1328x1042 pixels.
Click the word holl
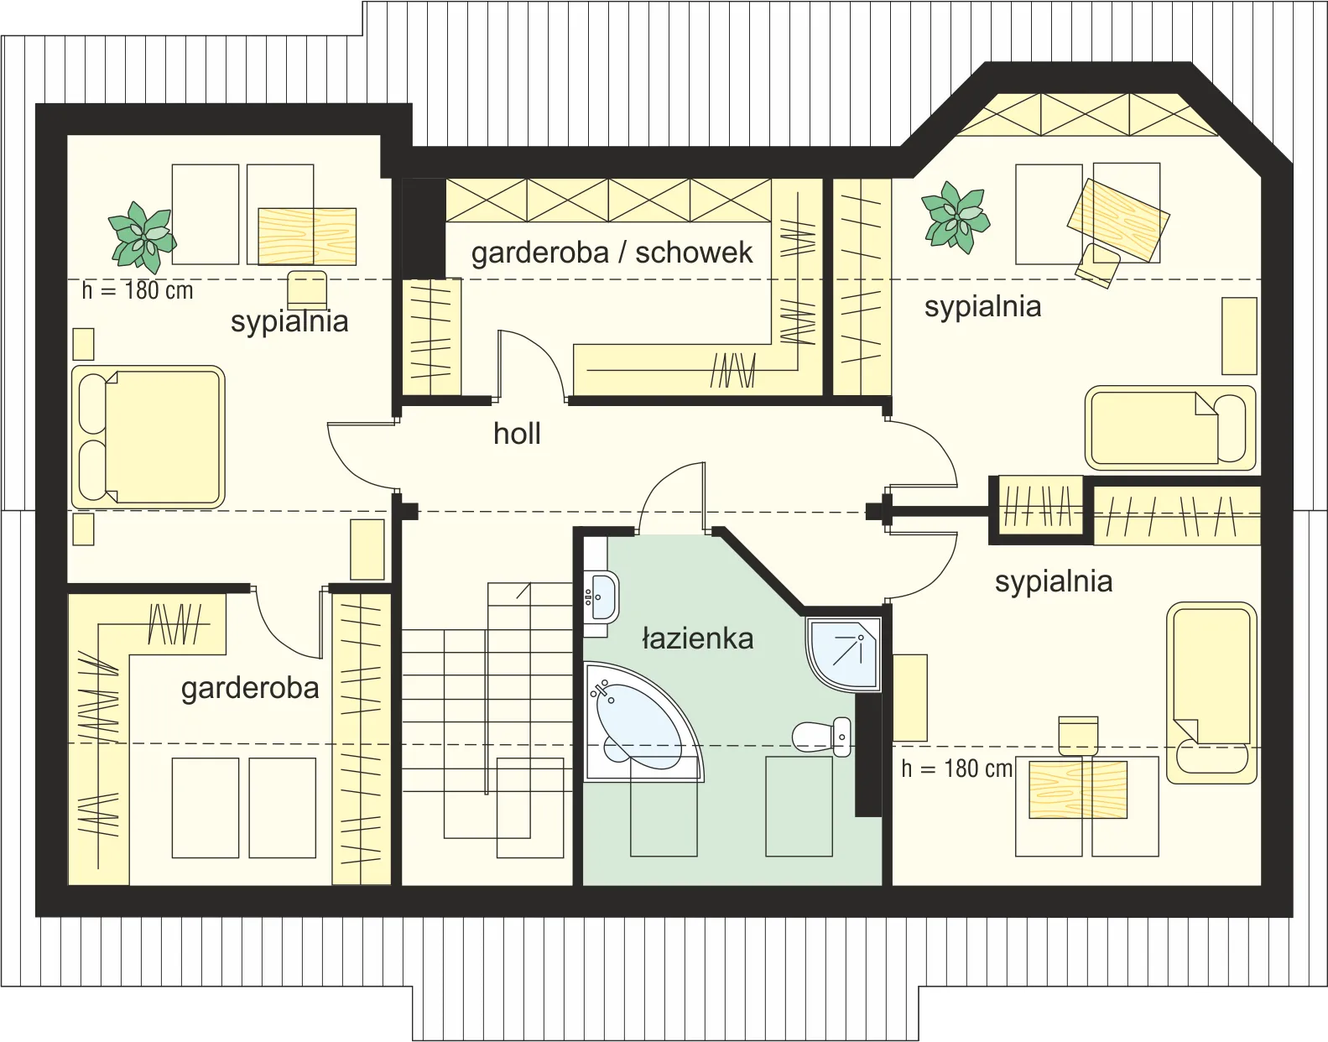coord(517,433)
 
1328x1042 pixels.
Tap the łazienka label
coord(697,638)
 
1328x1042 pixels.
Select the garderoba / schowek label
coord(612,253)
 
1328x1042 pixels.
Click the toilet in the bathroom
coord(822,737)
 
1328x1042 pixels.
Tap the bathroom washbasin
coord(601,597)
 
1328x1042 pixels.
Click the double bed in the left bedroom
coord(148,437)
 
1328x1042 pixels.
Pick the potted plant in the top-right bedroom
coord(956,217)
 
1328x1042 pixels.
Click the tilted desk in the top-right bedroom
coord(1118,220)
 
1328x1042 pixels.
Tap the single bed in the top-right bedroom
coord(1170,427)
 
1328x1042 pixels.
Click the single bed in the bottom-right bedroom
coord(1211,693)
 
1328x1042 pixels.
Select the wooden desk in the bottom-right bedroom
coord(1078,789)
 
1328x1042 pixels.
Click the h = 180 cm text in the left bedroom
coord(138,291)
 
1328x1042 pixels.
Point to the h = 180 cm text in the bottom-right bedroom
coord(957,768)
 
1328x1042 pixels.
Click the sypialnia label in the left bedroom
coord(289,320)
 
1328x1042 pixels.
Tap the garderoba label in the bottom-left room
coord(250,688)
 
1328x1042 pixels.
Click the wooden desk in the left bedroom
coord(307,237)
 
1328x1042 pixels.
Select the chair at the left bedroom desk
coord(307,289)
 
